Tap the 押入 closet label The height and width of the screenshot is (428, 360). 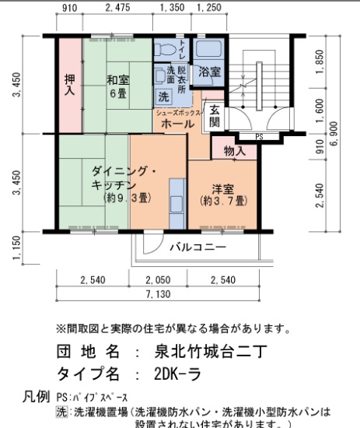[x=70, y=85]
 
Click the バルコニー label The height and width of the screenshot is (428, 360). [x=198, y=247]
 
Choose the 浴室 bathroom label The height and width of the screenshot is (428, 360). [x=208, y=72]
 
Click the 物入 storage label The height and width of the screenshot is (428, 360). [x=234, y=151]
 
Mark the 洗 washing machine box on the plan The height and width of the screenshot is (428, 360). [x=163, y=98]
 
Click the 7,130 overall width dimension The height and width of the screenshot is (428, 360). [x=169, y=295]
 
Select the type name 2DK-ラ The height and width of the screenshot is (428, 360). [x=177, y=373]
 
